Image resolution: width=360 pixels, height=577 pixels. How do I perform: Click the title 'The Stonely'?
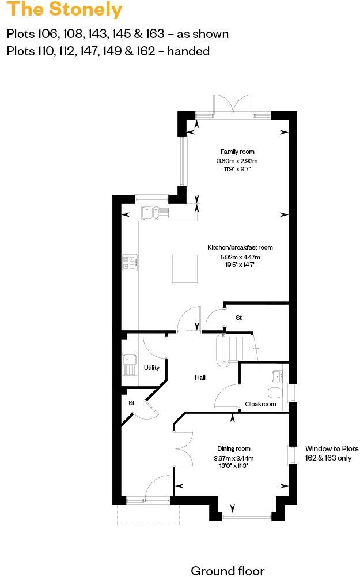(x=65, y=10)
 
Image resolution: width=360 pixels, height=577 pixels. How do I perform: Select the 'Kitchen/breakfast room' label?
(x=240, y=247)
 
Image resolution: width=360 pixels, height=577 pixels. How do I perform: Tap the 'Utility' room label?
(x=151, y=368)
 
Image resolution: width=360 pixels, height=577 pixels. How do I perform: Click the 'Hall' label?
(x=200, y=378)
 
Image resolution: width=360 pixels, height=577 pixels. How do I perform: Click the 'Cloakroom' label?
(x=260, y=404)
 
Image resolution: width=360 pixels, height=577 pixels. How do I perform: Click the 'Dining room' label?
(x=233, y=448)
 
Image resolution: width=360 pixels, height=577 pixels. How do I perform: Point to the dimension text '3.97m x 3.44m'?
(x=234, y=458)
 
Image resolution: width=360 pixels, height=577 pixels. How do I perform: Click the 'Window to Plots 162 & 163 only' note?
(x=331, y=453)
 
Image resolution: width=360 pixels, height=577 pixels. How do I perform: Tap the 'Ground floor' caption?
(x=228, y=571)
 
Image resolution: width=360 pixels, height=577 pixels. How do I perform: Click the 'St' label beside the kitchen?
(x=238, y=318)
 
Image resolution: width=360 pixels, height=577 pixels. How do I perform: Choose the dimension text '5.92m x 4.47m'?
(x=240, y=257)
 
